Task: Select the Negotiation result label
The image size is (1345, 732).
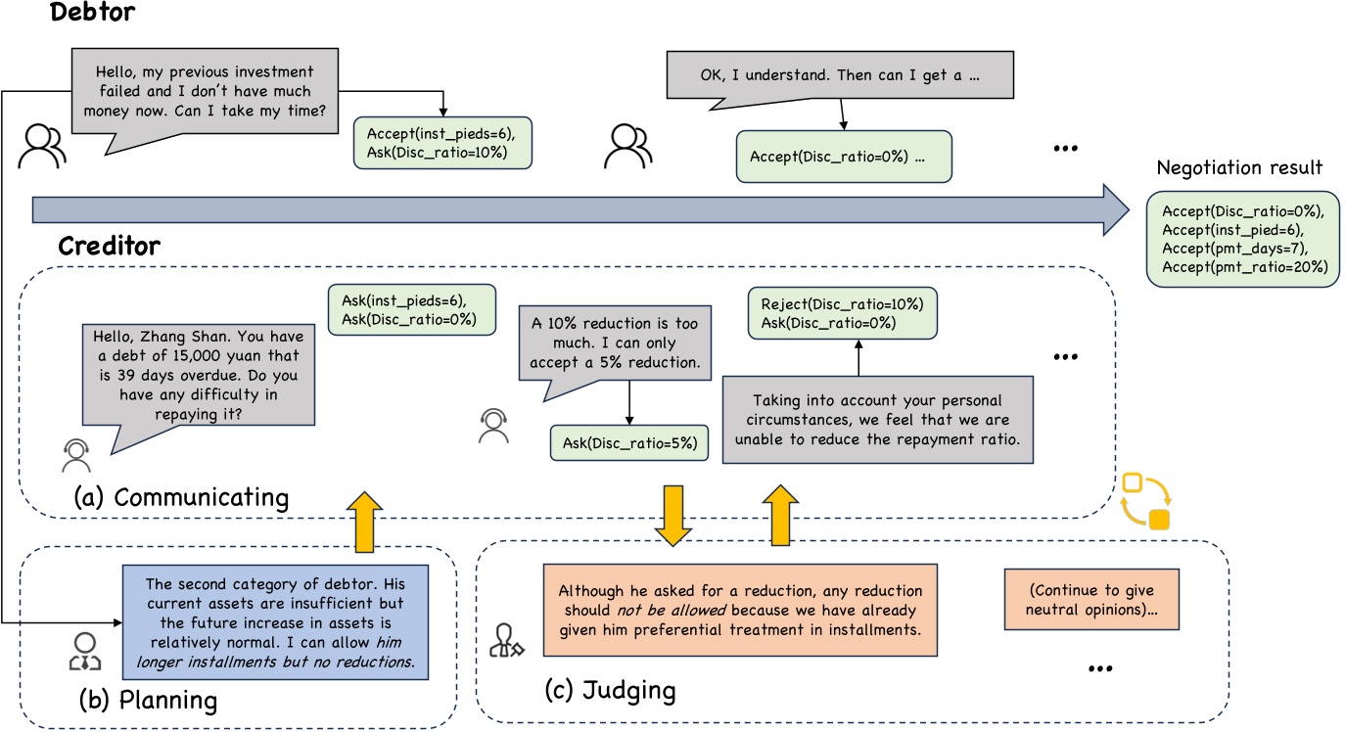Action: click(1239, 167)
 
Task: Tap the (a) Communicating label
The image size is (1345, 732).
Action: click(181, 497)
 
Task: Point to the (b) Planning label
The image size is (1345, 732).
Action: click(148, 700)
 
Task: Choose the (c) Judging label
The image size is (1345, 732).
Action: click(610, 690)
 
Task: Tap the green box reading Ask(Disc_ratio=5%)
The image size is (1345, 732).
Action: click(628, 442)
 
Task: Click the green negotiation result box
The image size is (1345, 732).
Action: click(1243, 239)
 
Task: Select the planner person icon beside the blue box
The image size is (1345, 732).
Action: click(84, 652)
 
